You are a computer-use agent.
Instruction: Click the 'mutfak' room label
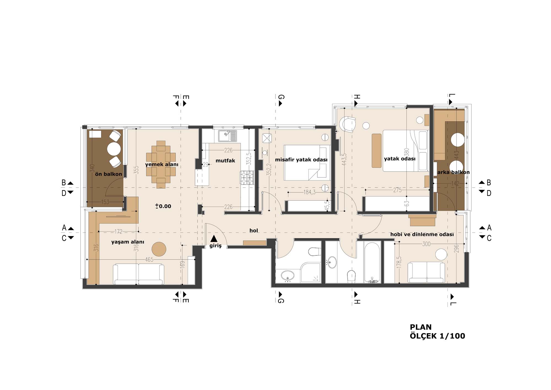click(225, 160)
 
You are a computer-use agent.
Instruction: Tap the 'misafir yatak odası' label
click(301, 160)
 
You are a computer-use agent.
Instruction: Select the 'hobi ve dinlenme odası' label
click(422, 234)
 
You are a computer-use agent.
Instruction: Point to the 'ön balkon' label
click(108, 174)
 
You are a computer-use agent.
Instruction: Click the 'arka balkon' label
click(453, 172)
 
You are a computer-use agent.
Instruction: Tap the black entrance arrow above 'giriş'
click(214, 239)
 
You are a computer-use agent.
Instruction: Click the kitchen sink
click(228, 136)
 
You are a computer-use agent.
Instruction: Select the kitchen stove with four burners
click(247, 177)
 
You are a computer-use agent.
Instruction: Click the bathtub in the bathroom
click(372, 263)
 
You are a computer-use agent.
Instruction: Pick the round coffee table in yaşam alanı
click(159, 249)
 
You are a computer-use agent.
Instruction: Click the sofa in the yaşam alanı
click(139, 274)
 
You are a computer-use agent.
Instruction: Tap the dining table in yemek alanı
click(161, 165)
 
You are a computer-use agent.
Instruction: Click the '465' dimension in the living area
click(149, 260)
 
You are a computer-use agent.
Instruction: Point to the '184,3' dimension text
click(309, 192)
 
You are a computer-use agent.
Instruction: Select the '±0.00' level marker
click(163, 206)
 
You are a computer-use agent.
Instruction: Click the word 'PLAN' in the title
click(421, 327)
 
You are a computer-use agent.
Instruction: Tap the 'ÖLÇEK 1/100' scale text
click(437, 336)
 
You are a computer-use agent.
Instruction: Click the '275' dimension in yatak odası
click(397, 190)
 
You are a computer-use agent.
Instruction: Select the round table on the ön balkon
click(114, 149)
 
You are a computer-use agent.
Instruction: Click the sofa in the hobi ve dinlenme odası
click(426, 273)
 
